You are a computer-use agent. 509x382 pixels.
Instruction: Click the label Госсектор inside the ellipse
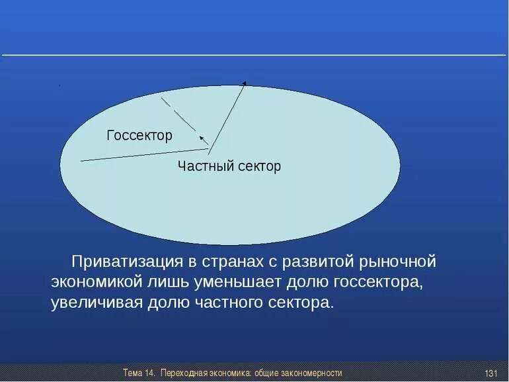(x=139, y=136)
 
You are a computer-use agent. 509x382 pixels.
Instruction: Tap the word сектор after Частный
(x=259, y=166)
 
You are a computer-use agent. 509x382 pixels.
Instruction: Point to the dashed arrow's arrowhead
(x=202, y=138)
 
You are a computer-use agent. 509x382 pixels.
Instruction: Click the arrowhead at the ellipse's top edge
(x=245, y=83)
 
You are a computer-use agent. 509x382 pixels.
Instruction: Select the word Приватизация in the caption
(x=127, y=262)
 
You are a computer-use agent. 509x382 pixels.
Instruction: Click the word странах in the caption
(x=233, y=262)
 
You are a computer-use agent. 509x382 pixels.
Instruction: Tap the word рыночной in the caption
(x=397, y=262)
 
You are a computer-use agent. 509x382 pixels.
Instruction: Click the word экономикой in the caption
(x=97, y=282)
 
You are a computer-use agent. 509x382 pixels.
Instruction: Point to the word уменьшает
(x=237, y=282)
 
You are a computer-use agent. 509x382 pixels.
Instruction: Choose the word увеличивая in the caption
(x=97, y=303)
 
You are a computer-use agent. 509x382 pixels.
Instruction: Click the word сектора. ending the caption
(x=301, y=303)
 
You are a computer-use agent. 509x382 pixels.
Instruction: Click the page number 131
(x=490, y=373)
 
